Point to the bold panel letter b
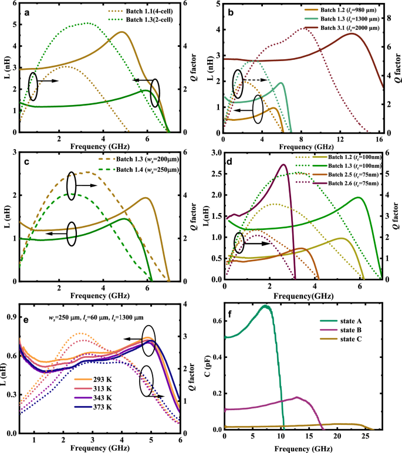click(x=232, y=11)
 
